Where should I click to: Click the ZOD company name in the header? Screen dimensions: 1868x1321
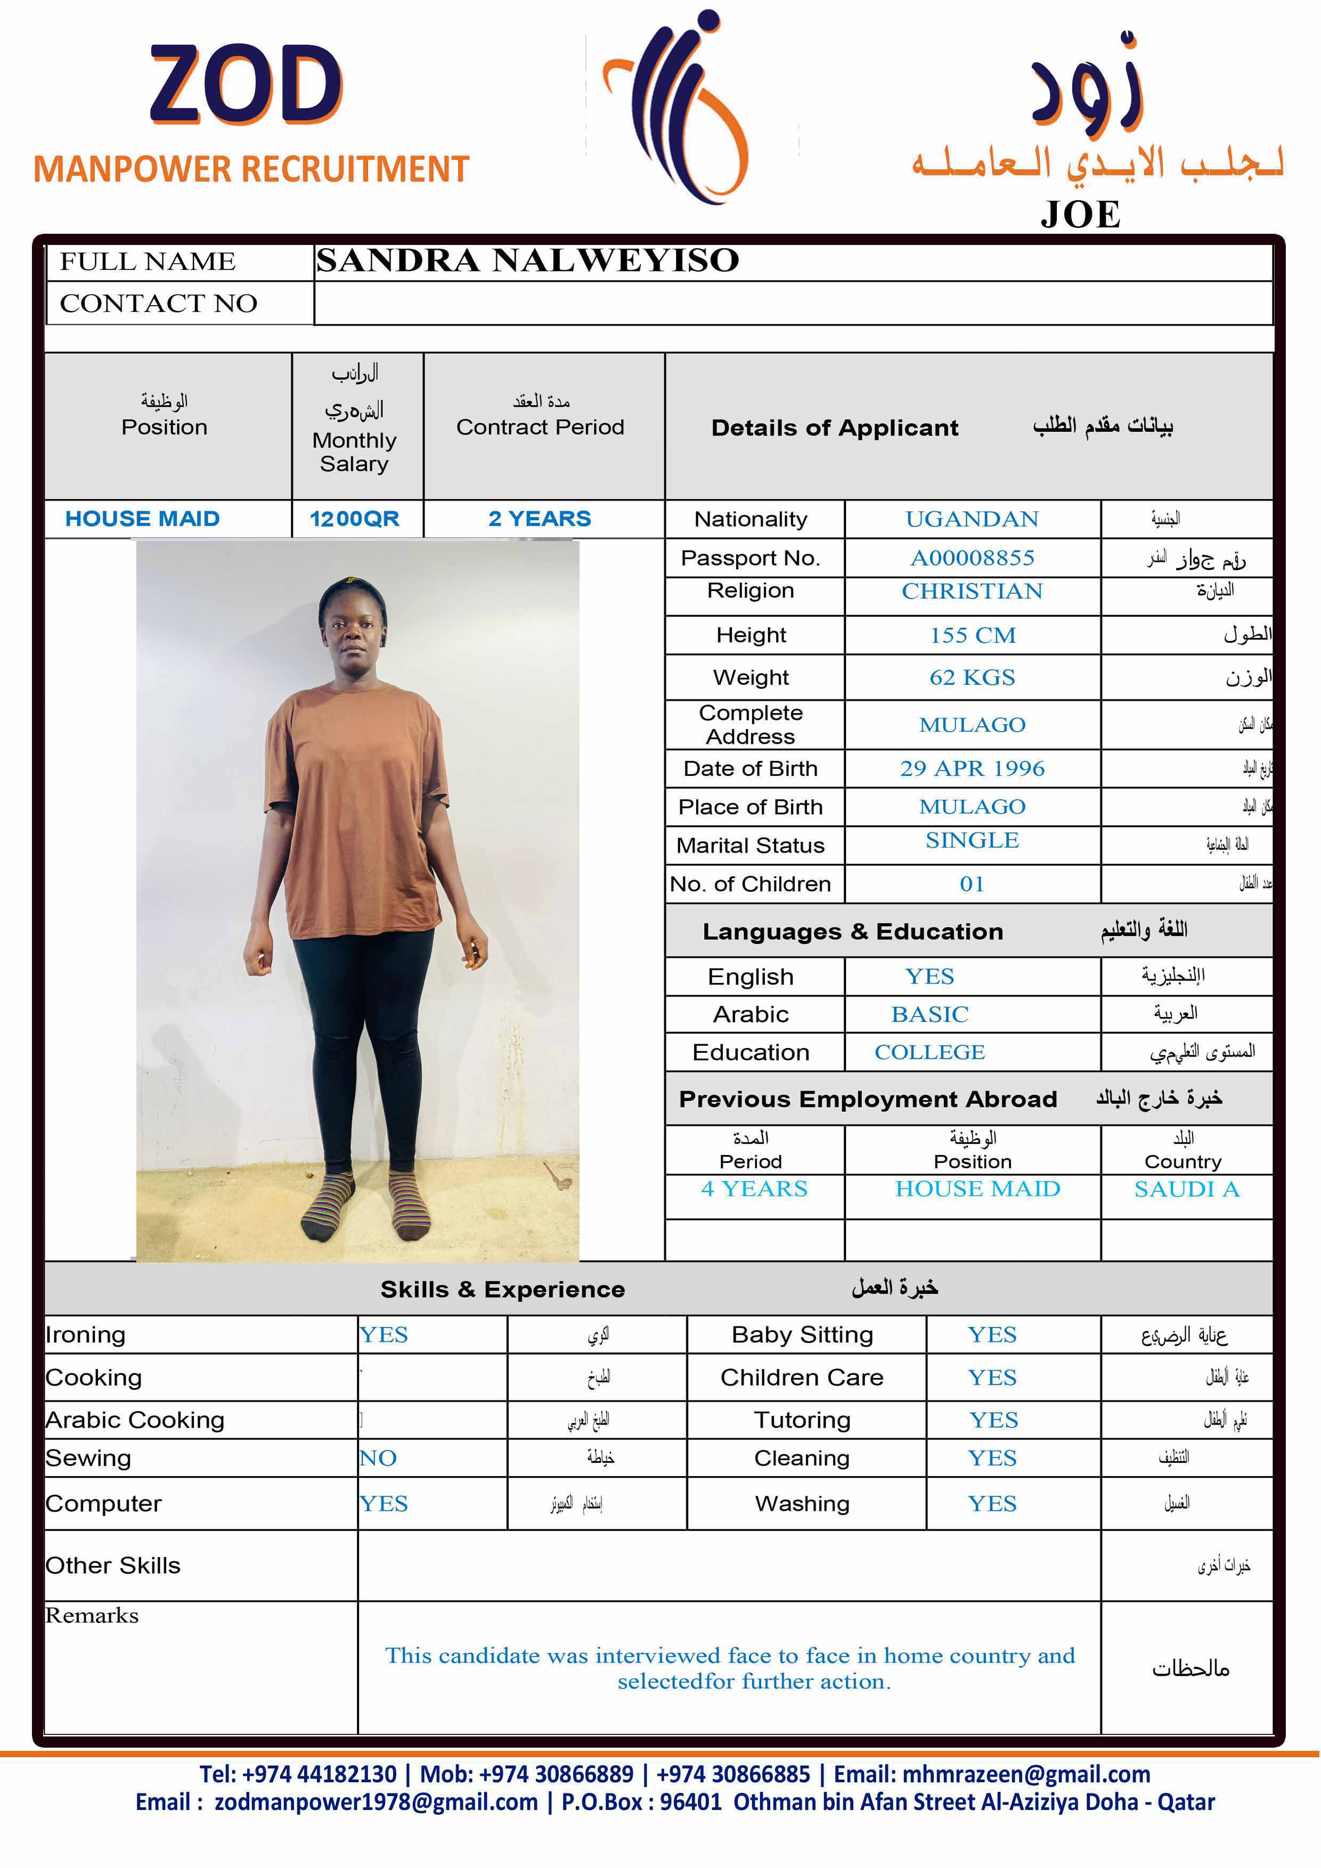point(246,85)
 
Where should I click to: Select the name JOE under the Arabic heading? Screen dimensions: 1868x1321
point(1080,215)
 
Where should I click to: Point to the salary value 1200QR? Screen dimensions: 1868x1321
point(354,519)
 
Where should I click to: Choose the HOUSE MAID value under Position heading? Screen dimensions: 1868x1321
point(142,519)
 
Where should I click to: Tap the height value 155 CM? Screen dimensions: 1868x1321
point(973,635)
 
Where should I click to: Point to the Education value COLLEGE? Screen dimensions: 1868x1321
point(929,1053)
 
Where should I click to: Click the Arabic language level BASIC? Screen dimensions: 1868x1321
point(929,1014)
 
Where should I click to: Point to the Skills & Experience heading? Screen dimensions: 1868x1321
point(502,1290)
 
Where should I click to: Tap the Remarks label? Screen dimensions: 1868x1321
point(92,1616)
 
